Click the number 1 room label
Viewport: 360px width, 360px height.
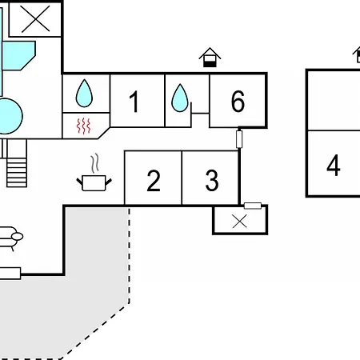click(x=134, y=102)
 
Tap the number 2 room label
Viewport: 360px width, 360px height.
click(x=154, y=181)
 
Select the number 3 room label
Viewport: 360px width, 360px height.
click(x=212, y=180)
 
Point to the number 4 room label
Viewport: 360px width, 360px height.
click(x=334, y=166)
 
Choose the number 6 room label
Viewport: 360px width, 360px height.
click(x=238, y=101)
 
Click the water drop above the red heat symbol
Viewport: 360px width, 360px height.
click(x=84, y=93)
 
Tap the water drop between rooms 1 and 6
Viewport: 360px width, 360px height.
click(x=180, y=98)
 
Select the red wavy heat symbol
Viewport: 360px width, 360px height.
click(x=84, y=126)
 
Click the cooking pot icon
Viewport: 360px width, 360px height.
click(x=94, y=183)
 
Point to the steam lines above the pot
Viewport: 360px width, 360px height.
click(x=94, y=163)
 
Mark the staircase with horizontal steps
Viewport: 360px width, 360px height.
click(x=17, y=163)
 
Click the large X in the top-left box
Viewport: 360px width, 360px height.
click(x=35, y=19)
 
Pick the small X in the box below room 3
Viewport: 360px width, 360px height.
click(x=239, y=222)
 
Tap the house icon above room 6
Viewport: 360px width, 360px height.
click(x=210, y=58)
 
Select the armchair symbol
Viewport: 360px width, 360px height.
click(x=10, y=238)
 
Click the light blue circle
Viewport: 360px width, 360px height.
click(x=10, y=116)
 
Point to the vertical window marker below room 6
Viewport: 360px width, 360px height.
click(x=239, y=139)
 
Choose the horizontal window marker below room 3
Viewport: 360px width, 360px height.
click(x=253, y=206)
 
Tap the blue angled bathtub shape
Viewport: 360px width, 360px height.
click(x=18, y=55)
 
